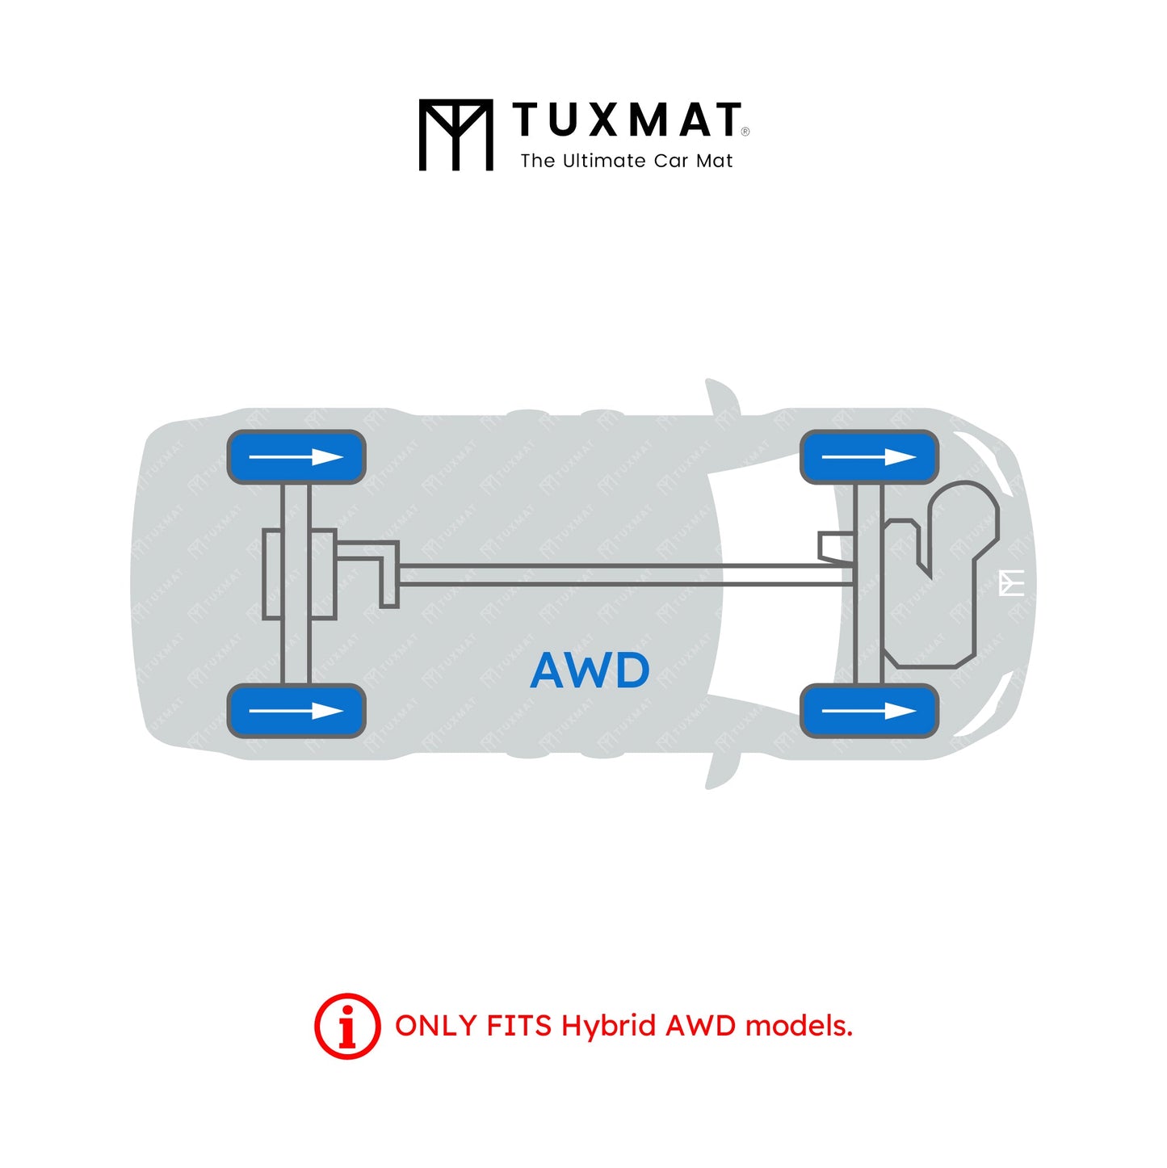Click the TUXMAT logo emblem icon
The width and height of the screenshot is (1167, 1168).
(x=455, y=135)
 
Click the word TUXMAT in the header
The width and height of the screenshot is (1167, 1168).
(x=627, y=120)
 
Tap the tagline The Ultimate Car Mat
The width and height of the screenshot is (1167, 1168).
(x=627, y=161)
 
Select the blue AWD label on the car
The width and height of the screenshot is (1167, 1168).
(x=590, y=670)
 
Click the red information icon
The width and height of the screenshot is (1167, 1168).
(x=347, y=1026)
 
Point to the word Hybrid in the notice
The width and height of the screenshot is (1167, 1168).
(x=608, y=1026)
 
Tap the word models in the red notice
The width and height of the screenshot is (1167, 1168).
(x=798, y=1026)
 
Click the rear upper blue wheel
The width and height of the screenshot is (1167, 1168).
(x=296, y=457)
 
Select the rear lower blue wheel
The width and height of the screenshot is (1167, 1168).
(x=296, y=711)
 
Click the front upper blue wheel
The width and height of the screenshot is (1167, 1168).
(x=869, y=457)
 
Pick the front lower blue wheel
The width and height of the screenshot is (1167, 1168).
(x=869, y=711)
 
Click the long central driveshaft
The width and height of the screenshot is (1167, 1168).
(x=622, y=574)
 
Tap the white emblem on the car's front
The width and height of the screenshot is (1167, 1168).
(x=1012, y=582)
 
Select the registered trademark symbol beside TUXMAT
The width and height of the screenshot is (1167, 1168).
(x=745, y=132)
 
